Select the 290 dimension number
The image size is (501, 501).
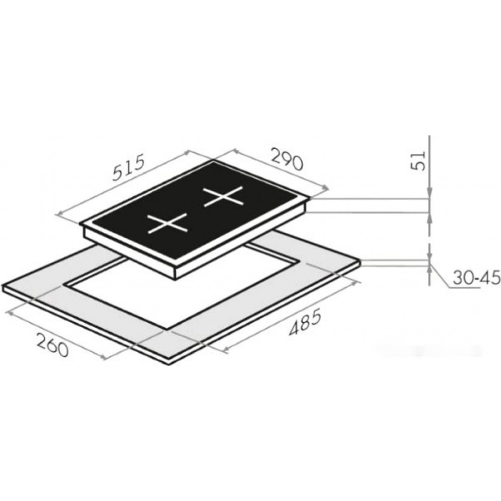(x=286, y=159)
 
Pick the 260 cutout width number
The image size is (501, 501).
(x=53, y=345)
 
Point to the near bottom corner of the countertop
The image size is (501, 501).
(x=168, y=365)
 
